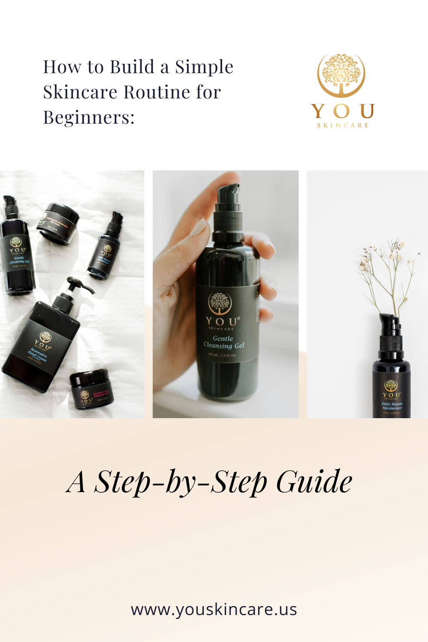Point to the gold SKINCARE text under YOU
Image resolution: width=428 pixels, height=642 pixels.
(343, 125)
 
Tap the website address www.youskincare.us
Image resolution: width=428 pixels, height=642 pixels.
(214, 609)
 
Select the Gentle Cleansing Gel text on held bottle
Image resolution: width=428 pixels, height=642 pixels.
(223, 342)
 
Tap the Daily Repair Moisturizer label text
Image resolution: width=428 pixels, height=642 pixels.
(392, 406)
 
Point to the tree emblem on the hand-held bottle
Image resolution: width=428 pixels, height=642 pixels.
(220, 303)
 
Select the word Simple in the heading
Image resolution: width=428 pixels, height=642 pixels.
(204, 67)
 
